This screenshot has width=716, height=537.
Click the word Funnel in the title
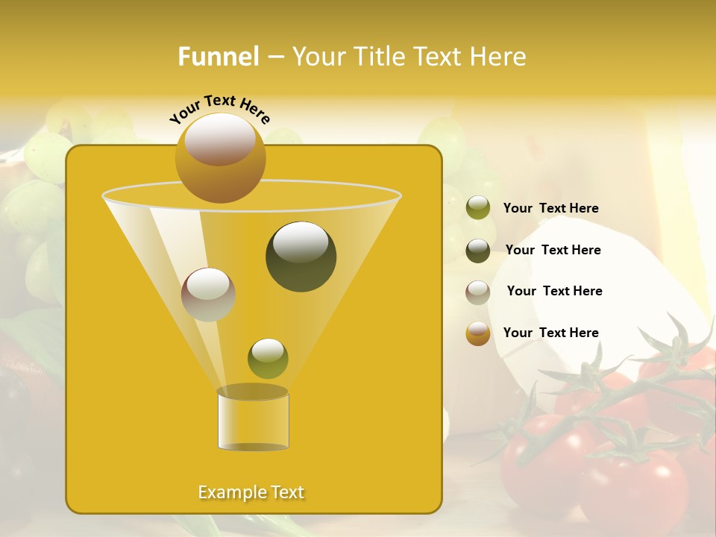tap(219, 57)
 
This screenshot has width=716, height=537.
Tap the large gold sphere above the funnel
tap(220, 157)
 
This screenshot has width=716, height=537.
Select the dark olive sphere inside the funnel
tap(301, 257)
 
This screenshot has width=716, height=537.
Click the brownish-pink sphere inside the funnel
tap(208, 295)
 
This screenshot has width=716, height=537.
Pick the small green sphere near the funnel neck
tap(268, 359)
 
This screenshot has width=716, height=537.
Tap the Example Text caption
tap(251, 492)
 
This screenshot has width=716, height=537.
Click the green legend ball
tap(478, 208)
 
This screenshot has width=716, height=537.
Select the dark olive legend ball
tap(478, 251)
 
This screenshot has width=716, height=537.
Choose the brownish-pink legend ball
tap(478, 292)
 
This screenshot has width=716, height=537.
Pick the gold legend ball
tap(478, 333)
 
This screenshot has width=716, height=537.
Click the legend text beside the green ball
tap(550, 209)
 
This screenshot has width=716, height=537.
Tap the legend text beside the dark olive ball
tap(553, 250)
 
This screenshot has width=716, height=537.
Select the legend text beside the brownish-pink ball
tap(554, 291)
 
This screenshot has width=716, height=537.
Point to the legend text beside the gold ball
tap(550, 333)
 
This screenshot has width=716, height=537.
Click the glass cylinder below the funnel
tap(253, 421)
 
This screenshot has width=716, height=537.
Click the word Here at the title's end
tap(500, 57)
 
